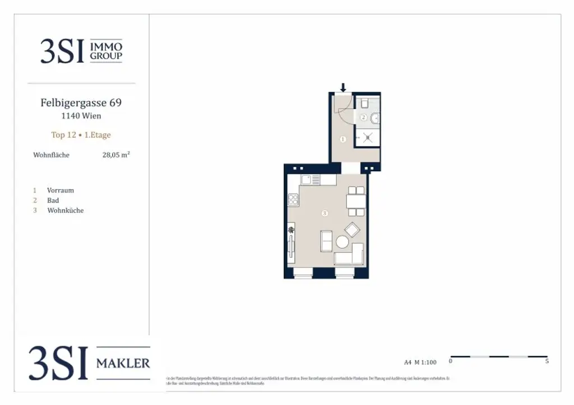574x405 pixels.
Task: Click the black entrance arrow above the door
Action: (x=343, y=87)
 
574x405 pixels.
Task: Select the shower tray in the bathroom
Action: (x=367, y=137)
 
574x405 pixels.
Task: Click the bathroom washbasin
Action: (x=377, y=118)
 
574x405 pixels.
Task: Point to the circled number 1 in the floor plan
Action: (x=343, y=139)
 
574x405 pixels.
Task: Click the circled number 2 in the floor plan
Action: (x=363, y=117)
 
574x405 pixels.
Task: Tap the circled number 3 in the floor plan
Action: (x=324, y=213)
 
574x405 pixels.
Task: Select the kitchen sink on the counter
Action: (x=306, y=180)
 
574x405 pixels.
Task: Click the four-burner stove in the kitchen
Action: (x=293, y=199)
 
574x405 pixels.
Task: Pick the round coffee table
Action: (x=342, y=242)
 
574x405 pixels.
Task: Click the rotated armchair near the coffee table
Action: (x=353, y=230)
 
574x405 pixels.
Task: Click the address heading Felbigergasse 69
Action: (x=81, y=103)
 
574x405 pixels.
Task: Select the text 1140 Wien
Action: (x=81, y=116)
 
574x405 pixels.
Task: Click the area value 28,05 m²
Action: (x=116, y=155)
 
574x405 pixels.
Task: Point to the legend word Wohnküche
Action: (x=65, y=210)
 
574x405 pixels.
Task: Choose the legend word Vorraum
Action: (x=61, y=190)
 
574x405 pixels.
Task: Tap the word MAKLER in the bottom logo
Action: (x=123, y=364)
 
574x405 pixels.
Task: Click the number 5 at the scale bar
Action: (x=547, y=361)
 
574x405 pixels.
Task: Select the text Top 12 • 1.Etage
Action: (x=81, y=135)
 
